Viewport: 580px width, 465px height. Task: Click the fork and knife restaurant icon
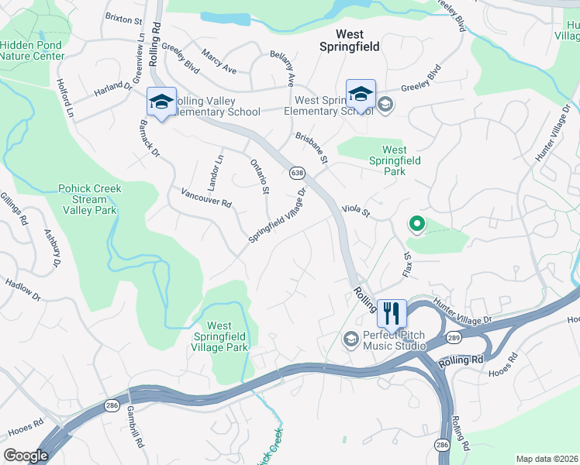(x=392, y=314)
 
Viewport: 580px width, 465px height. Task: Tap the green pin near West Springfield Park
(x=416, y=225)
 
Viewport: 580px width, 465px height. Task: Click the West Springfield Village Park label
(x=227, y=337)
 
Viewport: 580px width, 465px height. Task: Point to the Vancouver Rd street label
(x=205, y=198)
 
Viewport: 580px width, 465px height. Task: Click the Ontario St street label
(x=260, y=175)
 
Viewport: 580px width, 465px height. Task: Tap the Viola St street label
(x=357, y=210)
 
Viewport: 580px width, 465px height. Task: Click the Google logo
(x=26, y=455)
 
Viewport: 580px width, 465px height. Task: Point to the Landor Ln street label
(x=216, y=169)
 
